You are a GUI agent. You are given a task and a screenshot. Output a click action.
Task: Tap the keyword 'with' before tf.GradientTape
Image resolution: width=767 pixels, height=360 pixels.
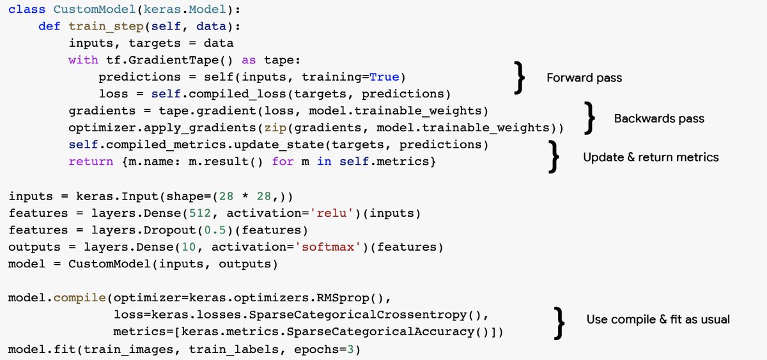83,60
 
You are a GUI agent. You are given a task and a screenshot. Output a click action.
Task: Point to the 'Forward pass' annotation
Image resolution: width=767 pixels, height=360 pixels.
584,78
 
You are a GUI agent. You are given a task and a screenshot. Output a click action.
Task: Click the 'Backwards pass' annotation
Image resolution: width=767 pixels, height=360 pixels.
659,118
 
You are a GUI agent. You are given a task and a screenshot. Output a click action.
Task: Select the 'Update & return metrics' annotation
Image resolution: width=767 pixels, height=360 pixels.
651,157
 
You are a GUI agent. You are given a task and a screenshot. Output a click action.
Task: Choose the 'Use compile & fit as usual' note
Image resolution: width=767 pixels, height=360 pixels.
658,319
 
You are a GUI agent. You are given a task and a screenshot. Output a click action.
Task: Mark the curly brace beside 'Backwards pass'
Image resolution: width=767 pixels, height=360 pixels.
592,119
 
